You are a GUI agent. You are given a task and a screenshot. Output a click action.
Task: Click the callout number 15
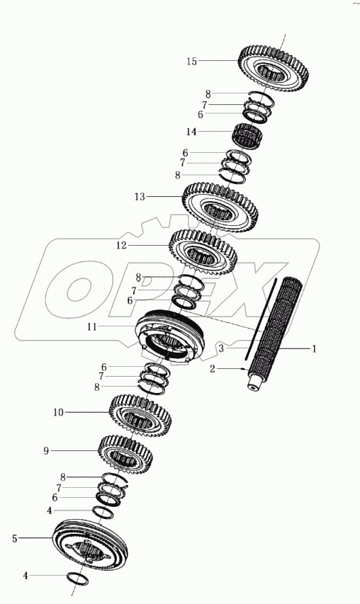point(191,61)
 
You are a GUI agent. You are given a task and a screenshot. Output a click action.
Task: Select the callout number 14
point(191,132)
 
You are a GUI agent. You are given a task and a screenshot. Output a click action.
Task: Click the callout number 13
point(140,197)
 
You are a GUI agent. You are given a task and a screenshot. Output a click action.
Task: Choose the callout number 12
point(121,246)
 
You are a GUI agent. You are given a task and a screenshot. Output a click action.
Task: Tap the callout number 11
point(91,327)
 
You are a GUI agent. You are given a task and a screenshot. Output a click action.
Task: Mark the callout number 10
point(58,413)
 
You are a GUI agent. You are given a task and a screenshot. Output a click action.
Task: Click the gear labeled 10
point(140,418)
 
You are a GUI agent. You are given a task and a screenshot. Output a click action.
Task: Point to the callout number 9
point(46,450)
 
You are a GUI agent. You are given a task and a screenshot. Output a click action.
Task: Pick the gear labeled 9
point(125,457)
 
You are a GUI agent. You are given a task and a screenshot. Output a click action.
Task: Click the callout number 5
point(15,539)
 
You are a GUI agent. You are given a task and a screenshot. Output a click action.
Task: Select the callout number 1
point(314,349)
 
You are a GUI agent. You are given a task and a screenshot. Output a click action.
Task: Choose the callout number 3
point(221,349)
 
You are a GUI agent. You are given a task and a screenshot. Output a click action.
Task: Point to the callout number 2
point(213,369)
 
